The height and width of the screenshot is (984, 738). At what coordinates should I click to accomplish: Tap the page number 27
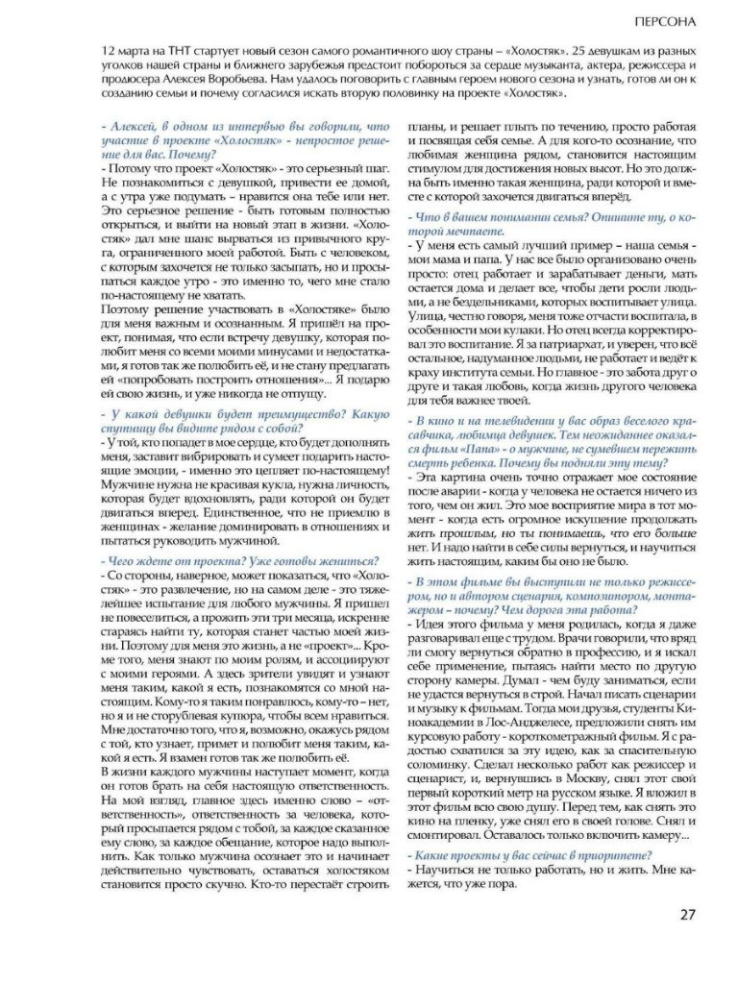point(686,912)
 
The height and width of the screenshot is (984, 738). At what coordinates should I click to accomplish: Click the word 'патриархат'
point(558,345)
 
